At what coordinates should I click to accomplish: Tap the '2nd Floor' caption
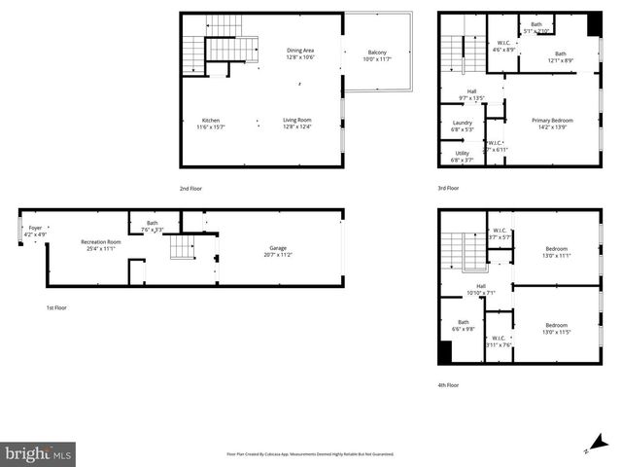(190, 189)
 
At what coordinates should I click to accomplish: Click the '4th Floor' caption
(448, 384)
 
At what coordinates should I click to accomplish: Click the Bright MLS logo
(38, 453)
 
